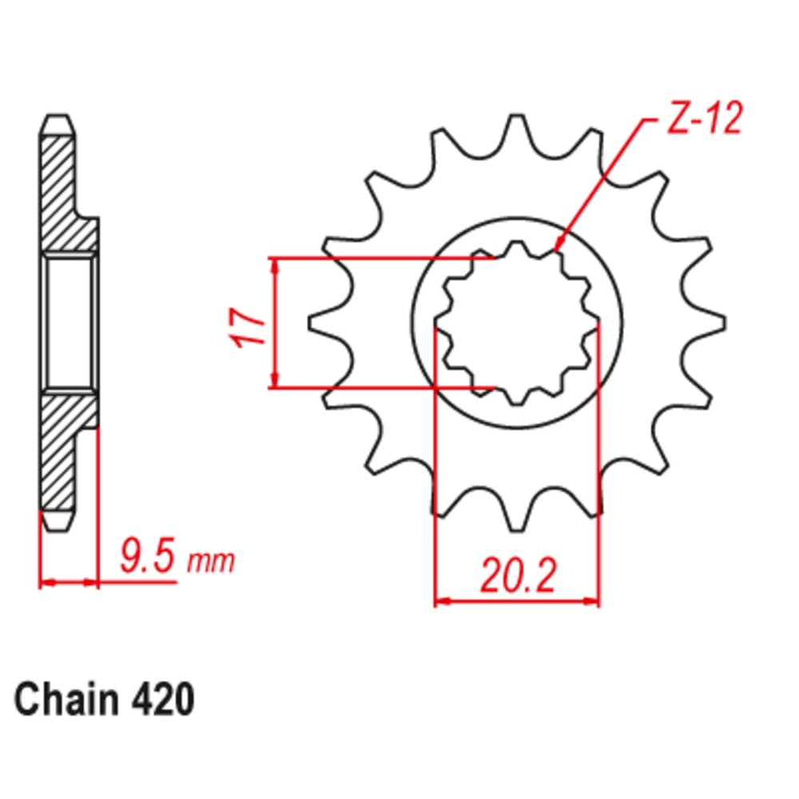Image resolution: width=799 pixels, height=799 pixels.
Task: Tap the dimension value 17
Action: click(248, 324)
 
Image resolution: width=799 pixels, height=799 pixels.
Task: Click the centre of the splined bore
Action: click(517, 323)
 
